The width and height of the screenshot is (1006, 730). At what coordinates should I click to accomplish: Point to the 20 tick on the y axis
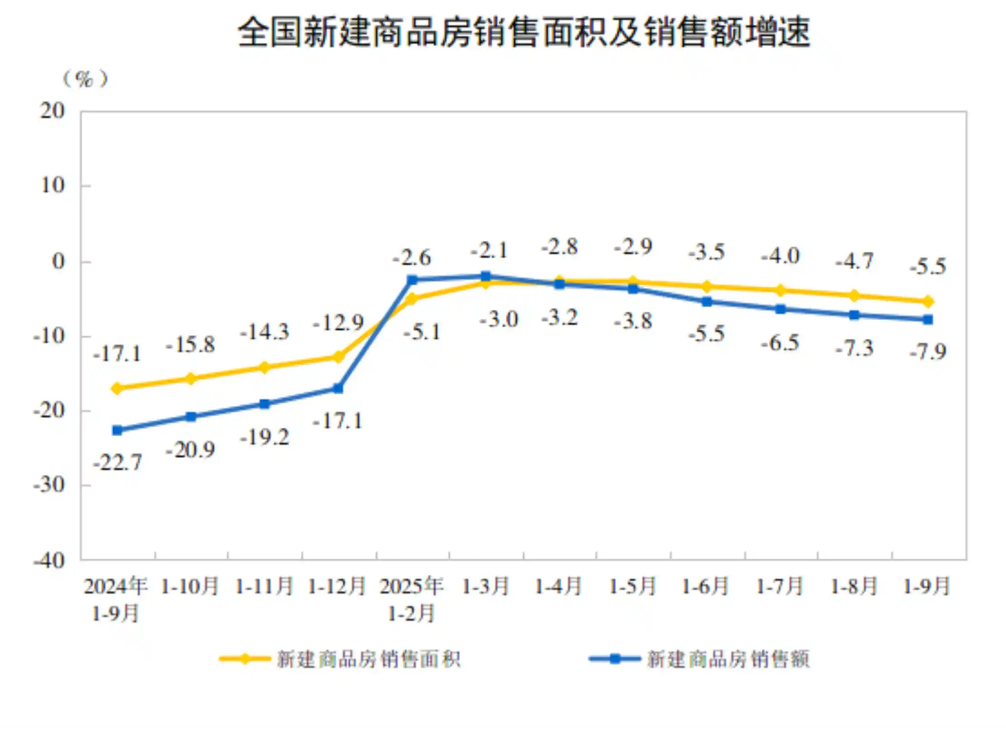coord(53,111)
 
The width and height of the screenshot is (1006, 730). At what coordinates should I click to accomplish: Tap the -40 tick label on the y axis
coord(49,561)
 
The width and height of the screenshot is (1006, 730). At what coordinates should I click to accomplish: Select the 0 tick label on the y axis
coord(59,262)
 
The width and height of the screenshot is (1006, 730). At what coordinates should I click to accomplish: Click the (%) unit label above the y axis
coord(85,79)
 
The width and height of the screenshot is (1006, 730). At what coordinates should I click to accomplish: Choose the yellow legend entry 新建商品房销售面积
coord(340,659)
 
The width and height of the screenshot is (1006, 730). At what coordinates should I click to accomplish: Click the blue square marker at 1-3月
coord(486,276)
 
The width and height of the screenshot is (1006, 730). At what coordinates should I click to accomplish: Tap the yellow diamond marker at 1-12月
coord(338,357)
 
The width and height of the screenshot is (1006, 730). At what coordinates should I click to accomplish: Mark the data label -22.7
coord(117,463)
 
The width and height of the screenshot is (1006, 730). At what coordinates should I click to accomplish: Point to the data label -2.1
coord(489,250)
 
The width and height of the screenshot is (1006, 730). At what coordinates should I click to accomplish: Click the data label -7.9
coord(928,352)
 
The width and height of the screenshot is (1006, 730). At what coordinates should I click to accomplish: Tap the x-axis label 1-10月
coord(190,586)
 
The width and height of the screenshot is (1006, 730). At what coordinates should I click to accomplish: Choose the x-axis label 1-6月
coord(705,586)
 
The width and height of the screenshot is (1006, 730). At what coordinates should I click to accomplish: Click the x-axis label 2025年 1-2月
coord(411,599)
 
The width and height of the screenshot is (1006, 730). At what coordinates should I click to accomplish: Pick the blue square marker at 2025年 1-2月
coord(412,280)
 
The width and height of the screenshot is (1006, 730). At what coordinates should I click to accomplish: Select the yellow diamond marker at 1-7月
coord(781,291)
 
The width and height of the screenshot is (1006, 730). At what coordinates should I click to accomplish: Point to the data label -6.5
coord(780,344)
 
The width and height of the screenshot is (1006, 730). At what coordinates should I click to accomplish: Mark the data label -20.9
coord(190,450)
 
